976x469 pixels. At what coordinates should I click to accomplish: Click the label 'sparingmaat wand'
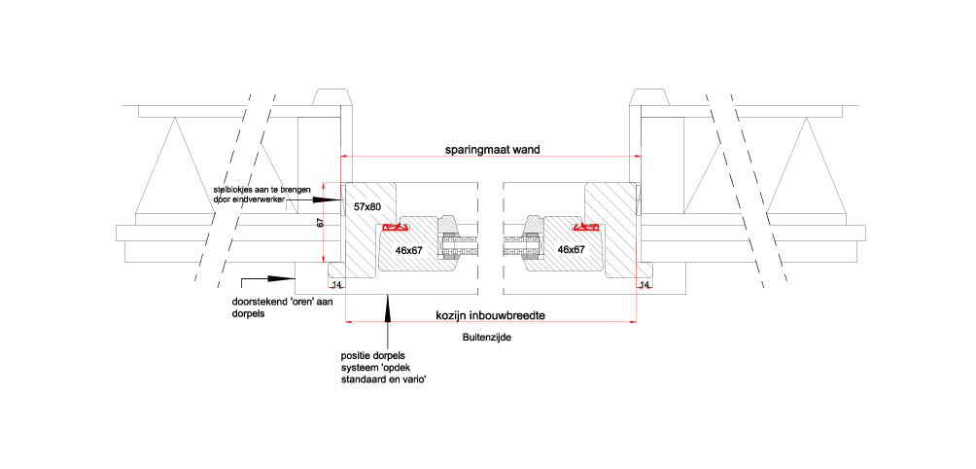pyautogui.click(x=492, y=150)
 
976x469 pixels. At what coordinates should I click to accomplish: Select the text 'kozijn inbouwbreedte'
pyautogui.click(x=491, y=316)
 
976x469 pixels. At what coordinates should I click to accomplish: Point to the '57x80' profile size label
pyautogui.click(x=366, y=206)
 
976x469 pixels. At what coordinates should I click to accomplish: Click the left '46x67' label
pyautogui.click(x=409, y=250)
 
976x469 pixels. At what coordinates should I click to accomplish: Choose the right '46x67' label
pyautogui.click(x=571, y=249)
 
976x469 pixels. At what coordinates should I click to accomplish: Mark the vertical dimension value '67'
pyautogui.click(x=321, y=223)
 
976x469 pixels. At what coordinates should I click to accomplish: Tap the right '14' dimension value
pyautogui.click(x=645, y=285)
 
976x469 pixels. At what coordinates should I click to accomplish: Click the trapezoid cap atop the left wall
pyautogui.click(x=332, y=97)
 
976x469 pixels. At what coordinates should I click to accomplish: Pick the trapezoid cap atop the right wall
pyautogui.click(x=649, y=97)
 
